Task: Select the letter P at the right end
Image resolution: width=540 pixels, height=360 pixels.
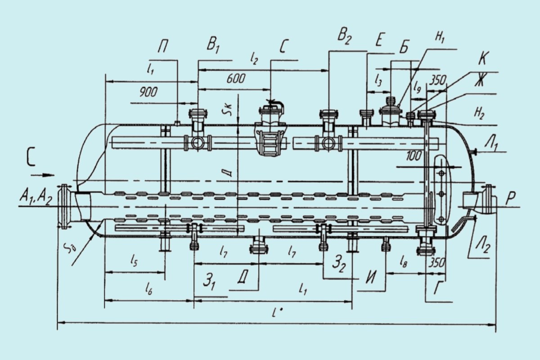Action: (510, 198)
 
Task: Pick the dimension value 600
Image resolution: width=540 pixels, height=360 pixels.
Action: (236, 78)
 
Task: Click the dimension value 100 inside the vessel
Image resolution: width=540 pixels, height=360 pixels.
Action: (414, 156)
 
